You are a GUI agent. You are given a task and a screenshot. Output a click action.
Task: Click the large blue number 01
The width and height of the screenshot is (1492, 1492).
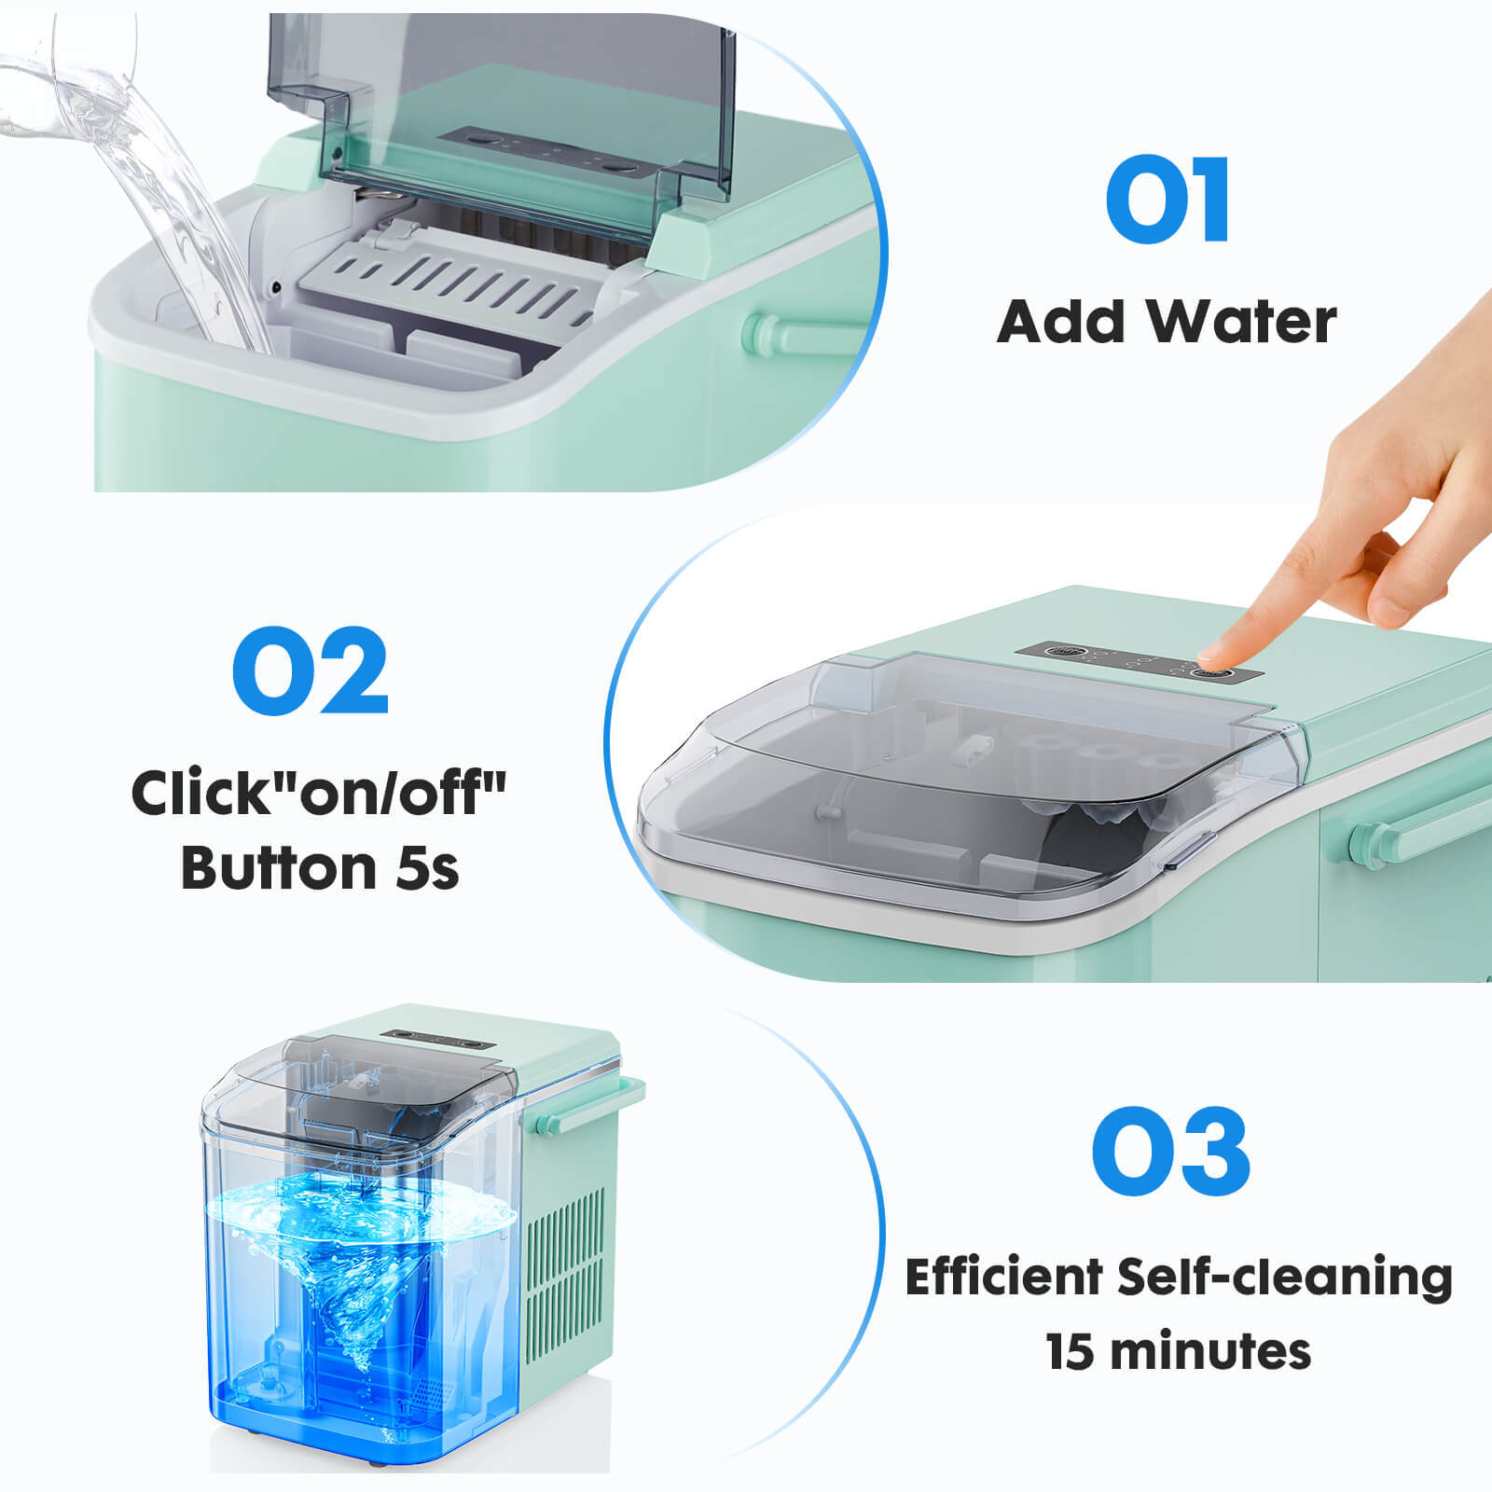[x=1168, y=200]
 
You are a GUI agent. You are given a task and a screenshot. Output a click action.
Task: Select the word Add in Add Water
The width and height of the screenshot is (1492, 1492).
[x=1061, y=322]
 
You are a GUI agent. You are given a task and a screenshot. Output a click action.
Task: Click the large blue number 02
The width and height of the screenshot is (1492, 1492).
[x=311, y=670]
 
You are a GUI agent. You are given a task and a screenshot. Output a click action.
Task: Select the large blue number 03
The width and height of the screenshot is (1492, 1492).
[x=1170, y=1152]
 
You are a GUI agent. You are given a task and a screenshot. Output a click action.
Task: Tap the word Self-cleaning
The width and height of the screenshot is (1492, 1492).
[x=1284, y=1278]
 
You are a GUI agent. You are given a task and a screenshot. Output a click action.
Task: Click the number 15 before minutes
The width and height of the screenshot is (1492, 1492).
[x=1071, y=1351]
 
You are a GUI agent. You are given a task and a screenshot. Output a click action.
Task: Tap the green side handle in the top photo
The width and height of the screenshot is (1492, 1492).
[x=793, y=332]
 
